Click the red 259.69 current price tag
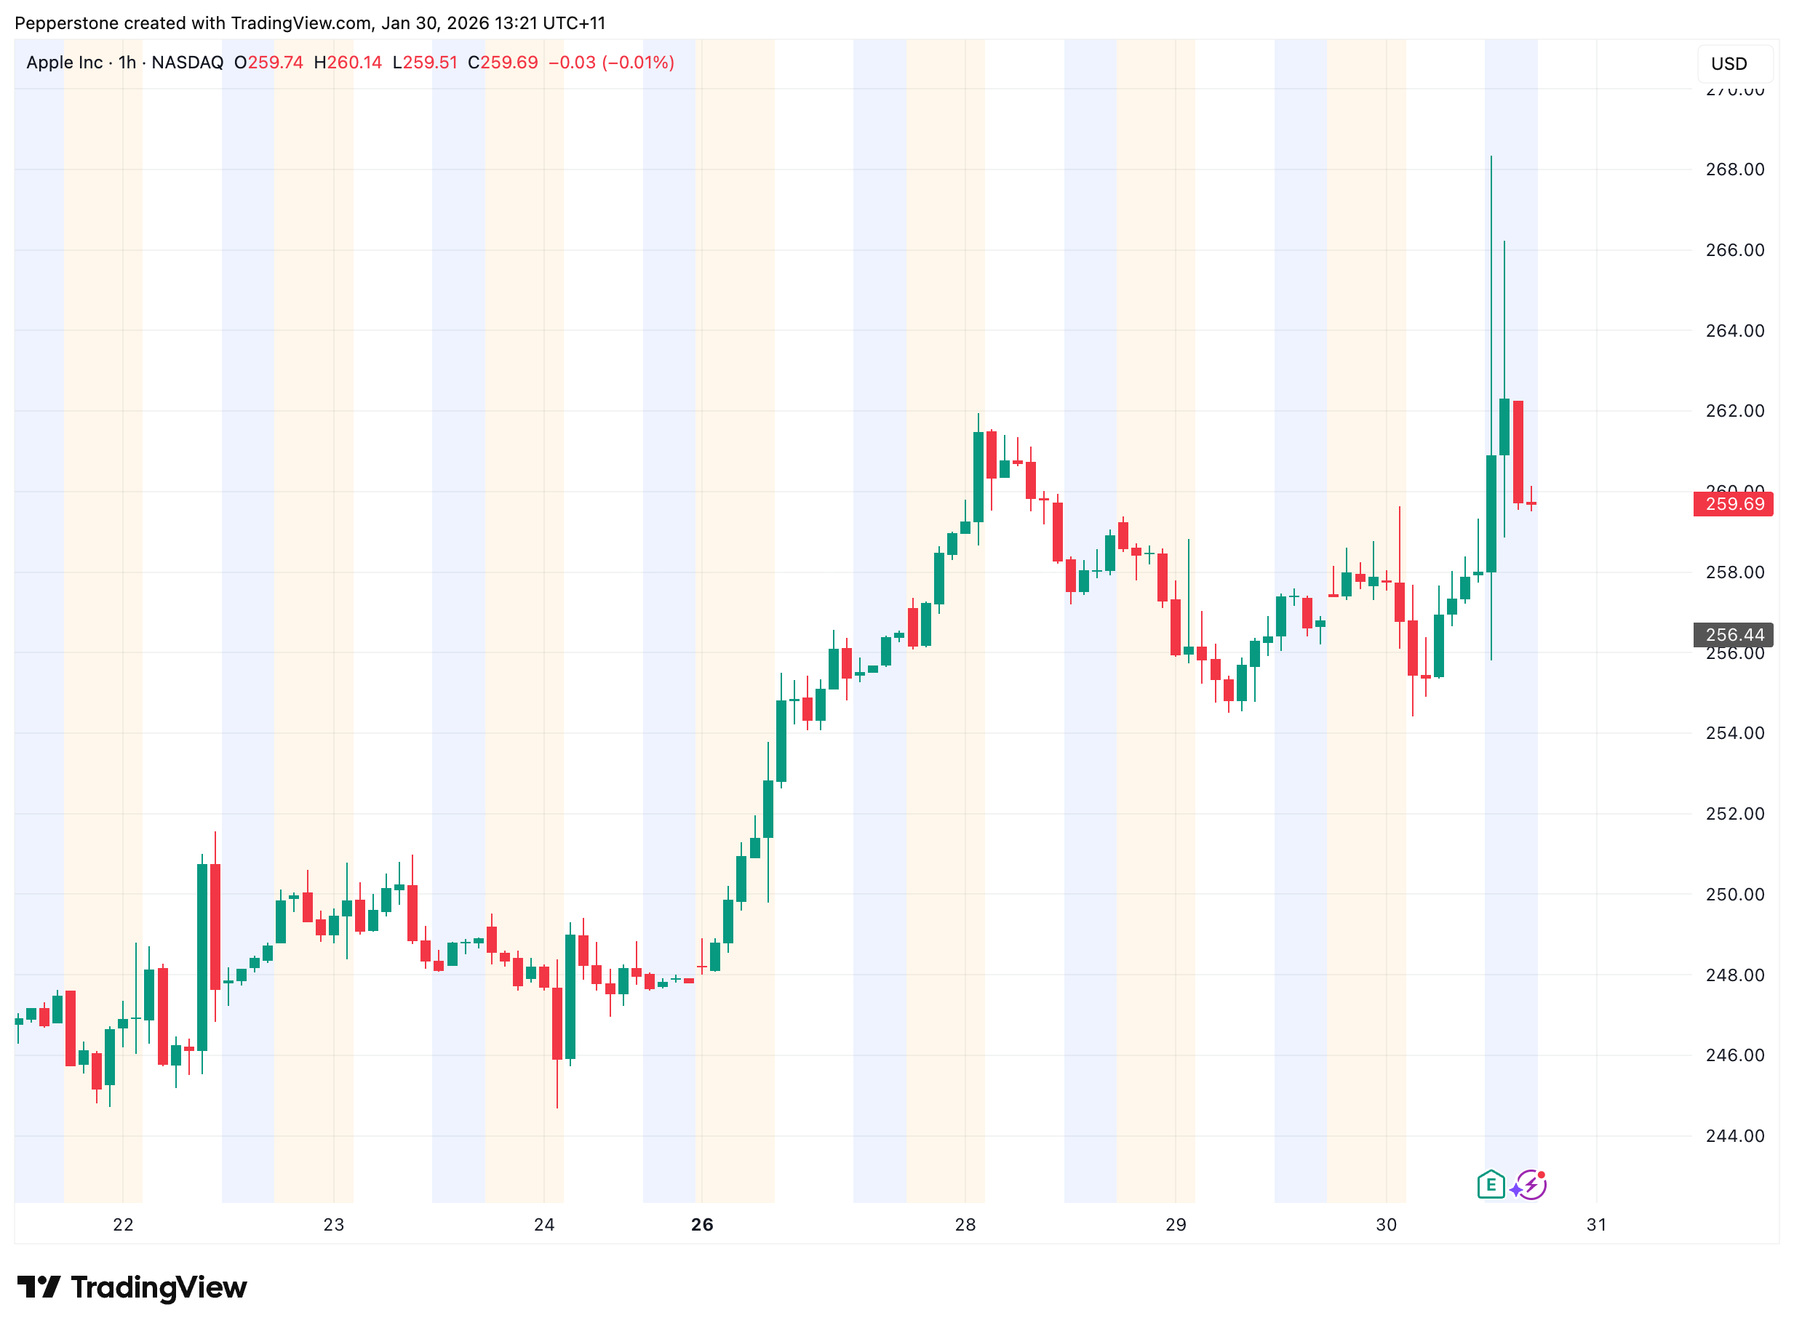point(1734,504)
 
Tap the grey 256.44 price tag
point(1734,635)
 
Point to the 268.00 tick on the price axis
point(1734,169)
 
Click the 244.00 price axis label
point(1734,1136)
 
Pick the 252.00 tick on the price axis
point(1734,814)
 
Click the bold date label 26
point(702,1226)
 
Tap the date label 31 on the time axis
point(1597,1226)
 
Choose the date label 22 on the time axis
point(122,1226)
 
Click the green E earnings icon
point(1491,1185)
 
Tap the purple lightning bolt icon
point(1530,1185)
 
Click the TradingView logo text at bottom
point(132,1287)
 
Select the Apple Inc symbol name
point(65,63)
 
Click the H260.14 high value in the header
point(348,63)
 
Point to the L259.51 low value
point(425,63)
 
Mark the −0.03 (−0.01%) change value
point(611,63)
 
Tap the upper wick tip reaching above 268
point(1491,157)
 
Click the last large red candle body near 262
point(1518,451)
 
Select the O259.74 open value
point(268,63)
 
